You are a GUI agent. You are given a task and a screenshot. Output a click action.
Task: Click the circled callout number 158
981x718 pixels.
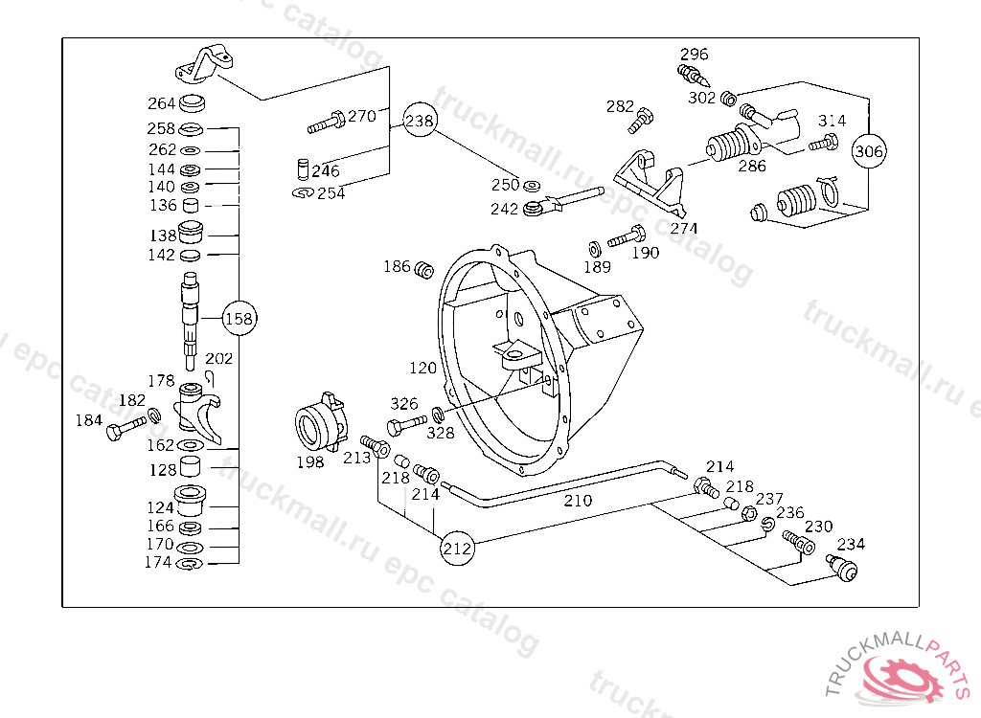(x=240, y=319)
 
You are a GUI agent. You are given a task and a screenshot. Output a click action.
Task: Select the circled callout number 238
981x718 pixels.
(x=420, y=122)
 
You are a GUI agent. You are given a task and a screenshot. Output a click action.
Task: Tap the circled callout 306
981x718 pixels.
(x=869, y=151)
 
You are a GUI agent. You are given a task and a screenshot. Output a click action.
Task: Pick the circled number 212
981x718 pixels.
(x=458, y=549)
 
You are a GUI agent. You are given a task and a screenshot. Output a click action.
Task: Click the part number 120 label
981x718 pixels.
(x=422, y=368)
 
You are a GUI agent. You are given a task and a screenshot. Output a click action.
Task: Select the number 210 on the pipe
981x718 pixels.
(x=578, y=500)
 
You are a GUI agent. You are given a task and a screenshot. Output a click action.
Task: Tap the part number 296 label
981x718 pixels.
(x=695, y=54)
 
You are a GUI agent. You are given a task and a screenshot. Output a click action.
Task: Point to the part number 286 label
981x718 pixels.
(x=752, y=165)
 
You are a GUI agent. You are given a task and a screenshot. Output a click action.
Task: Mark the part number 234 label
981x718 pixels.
(x=851, y=544)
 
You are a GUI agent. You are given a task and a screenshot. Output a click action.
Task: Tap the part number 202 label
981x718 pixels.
(x=219, y=359)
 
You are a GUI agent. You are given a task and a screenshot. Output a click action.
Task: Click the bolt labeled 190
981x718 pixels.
(x=627, y=234)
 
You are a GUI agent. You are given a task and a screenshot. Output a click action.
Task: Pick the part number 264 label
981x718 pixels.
(x=161, y=104)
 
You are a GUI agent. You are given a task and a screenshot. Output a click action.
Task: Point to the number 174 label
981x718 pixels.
(x=159, y=562)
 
